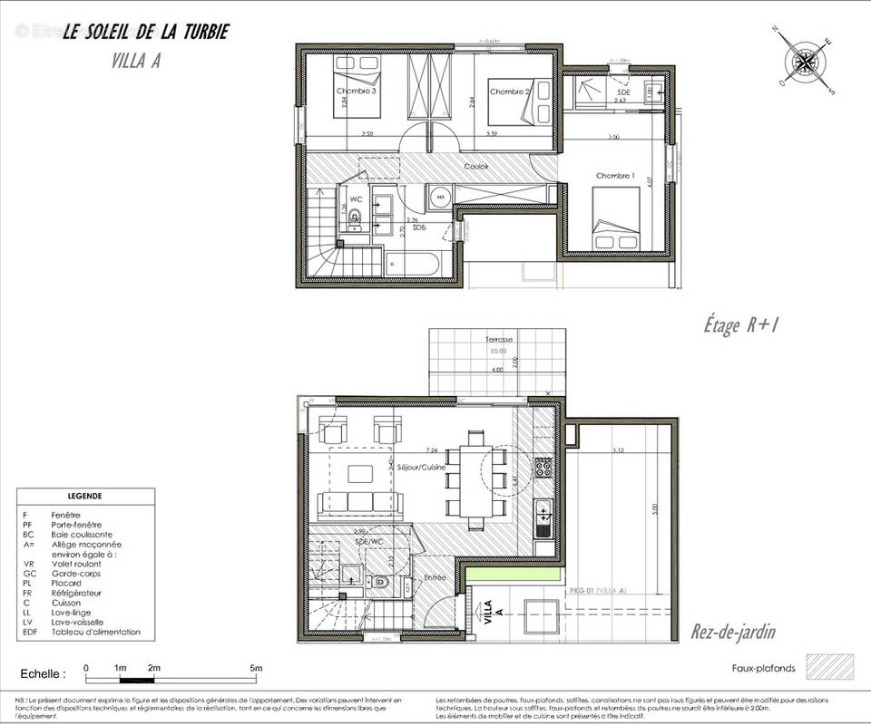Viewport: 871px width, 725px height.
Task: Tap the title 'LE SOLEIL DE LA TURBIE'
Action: pos(145,32)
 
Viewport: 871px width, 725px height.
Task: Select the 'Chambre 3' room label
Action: pos(357,91)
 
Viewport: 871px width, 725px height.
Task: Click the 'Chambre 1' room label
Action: pos(615,175)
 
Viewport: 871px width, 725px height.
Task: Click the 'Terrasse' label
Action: pos(498,340)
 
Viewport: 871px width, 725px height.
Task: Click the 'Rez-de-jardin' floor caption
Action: pos(733,632)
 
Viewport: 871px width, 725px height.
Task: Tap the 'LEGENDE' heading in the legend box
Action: pos(85,497)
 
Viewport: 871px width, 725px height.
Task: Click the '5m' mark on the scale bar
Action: pos(257,668)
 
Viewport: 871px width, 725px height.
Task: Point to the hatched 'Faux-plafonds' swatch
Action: pos(826,669)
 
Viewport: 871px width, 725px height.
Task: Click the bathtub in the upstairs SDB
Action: pos(413,265)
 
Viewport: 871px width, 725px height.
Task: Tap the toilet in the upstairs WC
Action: pos(355,216)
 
